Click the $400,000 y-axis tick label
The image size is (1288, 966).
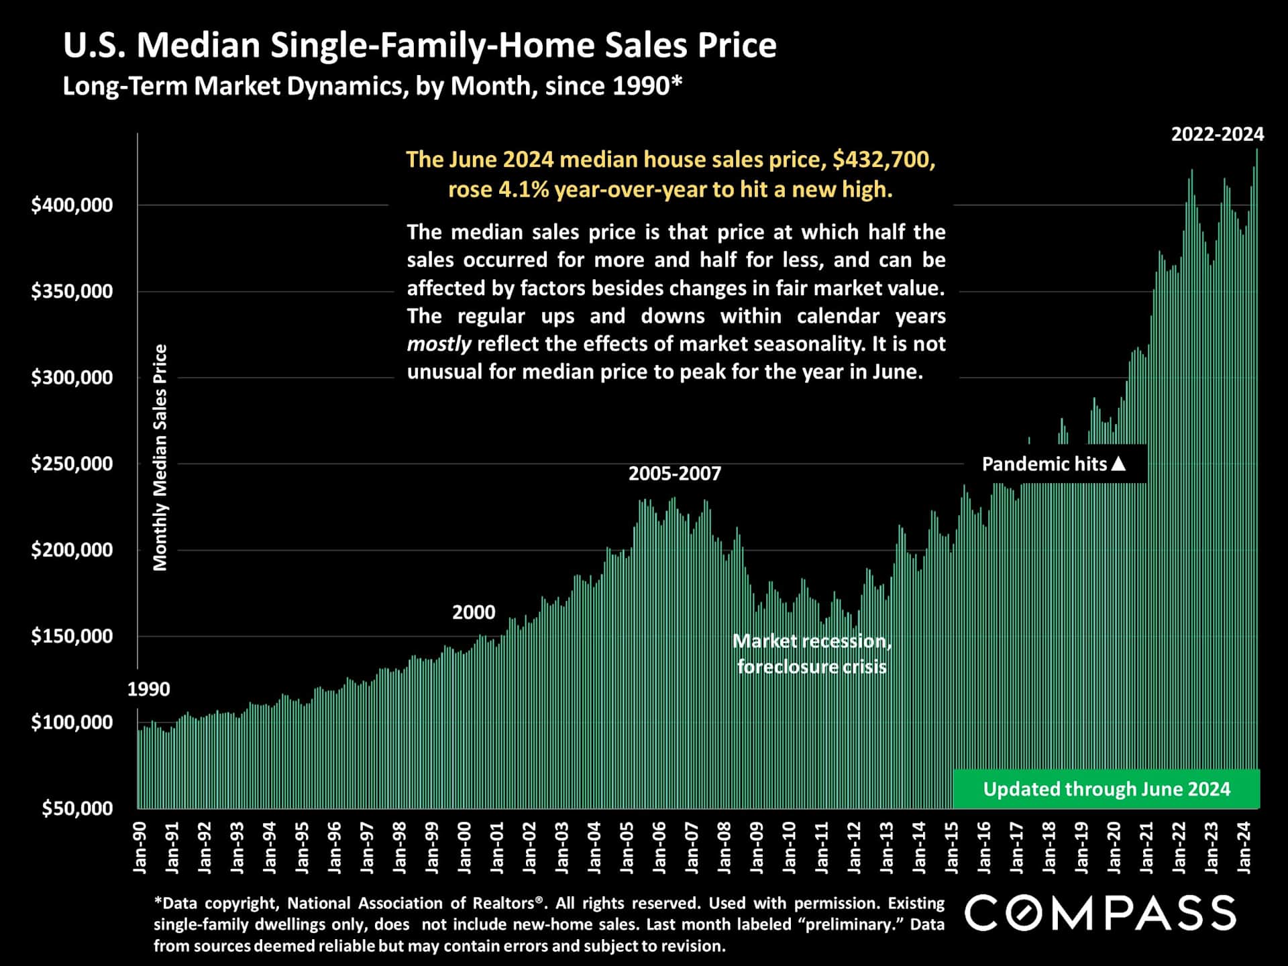(72, 205)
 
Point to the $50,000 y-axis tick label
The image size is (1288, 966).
(77, 808)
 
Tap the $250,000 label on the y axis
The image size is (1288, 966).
(72, 464)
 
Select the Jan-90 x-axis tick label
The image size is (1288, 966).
(140, 848)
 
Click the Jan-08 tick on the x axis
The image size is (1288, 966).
(724, 848)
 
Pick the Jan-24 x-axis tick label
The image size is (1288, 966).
(1244, 848)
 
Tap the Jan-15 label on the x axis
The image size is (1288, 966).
(952, 848)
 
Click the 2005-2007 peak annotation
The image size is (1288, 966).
(675, 474)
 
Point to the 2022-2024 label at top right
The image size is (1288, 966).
(1218, 134)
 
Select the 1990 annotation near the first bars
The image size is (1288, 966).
(148, 689)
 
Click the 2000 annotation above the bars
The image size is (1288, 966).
(474, 612)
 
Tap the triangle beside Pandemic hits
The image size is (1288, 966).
(1118, 464)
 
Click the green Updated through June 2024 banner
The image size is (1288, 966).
(1106, 789)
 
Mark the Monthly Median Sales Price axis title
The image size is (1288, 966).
(160, 458)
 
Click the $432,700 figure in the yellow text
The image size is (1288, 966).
(883, 160)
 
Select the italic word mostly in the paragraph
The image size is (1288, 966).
(439, 344)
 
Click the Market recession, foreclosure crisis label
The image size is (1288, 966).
(812, 653)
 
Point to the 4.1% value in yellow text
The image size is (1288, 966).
(524, 190)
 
